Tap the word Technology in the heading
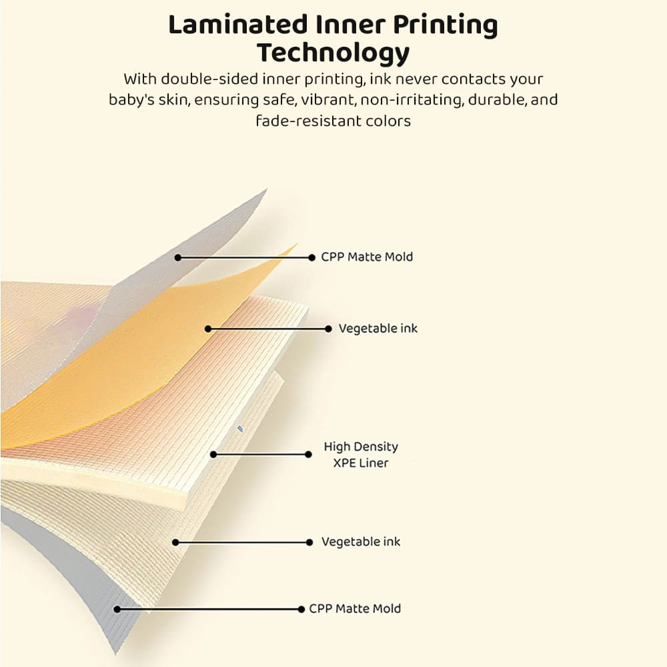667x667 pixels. coord(333,52)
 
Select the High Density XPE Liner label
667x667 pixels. coord(360,454)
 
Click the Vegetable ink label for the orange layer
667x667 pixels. coord(378,328)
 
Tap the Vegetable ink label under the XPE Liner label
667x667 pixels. coord(361,542)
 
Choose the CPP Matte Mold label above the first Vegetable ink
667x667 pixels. coord(367,257)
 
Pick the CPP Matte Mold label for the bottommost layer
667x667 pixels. coord(355,608)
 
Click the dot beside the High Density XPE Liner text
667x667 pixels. coord(308,454)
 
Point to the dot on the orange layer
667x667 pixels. coord(208,329)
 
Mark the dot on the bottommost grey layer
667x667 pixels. coord(117,609)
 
